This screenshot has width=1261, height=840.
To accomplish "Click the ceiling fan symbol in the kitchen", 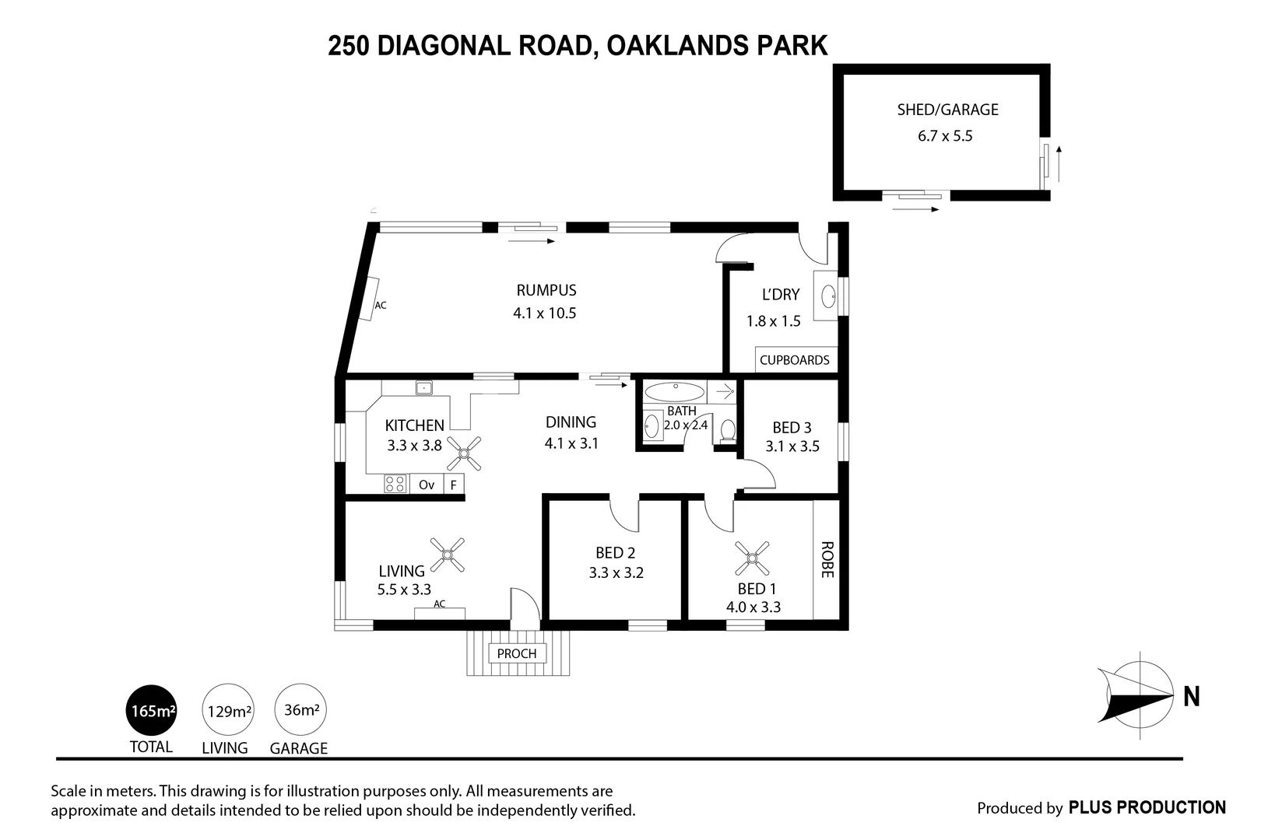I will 464,453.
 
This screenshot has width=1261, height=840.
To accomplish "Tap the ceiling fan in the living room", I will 447,555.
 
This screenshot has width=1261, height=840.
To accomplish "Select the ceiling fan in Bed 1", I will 752,558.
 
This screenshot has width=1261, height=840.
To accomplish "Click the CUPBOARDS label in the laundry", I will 795,360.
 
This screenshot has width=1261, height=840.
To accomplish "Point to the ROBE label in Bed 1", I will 827,559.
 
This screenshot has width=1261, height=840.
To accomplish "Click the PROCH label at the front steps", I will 517,653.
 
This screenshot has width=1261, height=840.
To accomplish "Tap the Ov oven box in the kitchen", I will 427,485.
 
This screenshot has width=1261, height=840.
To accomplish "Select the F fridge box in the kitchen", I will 454,485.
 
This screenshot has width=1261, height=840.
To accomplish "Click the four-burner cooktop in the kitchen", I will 395,484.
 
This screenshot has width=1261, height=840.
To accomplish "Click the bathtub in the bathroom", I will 674,391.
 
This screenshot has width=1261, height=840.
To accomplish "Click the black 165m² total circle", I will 152,710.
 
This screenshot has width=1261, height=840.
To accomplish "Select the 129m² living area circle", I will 228,710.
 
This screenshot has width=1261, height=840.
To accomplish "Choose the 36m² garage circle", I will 300,709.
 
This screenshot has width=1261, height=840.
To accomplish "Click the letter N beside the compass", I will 1191,697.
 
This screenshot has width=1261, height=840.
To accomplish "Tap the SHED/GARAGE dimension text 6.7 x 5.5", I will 945,136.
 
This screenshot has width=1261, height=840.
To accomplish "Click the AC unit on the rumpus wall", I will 368,299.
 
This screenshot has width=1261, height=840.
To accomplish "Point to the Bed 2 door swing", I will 623,513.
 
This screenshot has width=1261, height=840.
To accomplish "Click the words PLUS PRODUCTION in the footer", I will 1147,808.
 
